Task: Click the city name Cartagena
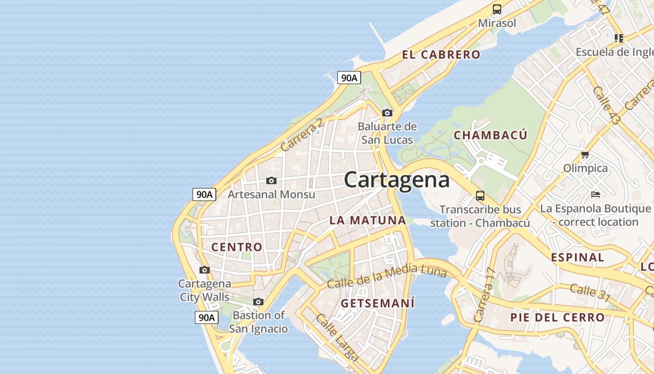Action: point(397,180)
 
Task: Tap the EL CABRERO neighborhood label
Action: point(441,55)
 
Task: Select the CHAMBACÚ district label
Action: point(490,136)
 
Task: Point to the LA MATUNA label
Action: point(368,220)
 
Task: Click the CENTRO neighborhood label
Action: point(237,247)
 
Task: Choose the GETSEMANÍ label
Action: point(377,303)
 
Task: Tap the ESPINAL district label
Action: point(577,258)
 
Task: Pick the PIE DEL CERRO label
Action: point(557,318)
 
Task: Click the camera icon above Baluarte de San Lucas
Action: point(387,113)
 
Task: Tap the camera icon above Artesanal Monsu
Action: point(271,180)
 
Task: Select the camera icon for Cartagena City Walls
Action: point(204,270)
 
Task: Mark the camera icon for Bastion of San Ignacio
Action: point(258,302)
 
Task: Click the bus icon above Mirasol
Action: point(497,9)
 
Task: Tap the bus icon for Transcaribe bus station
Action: point(480,195)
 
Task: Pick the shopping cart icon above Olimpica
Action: point(584,154)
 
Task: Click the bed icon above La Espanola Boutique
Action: point(595,194)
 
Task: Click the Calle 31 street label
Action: point(590,292)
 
